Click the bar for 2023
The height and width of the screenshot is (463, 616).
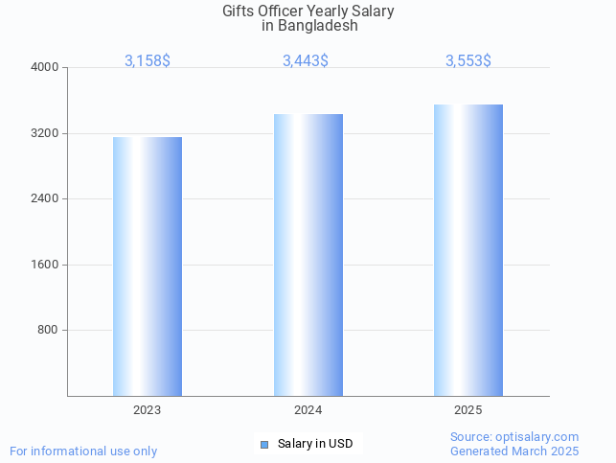[x=148, y=266]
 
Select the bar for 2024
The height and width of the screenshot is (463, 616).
[x=308, y=254]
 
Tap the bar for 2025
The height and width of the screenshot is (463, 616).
[x=468, y=249]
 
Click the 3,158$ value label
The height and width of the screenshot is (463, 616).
[x=148, y=60]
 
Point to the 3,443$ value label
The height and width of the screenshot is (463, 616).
[x=306, y=60]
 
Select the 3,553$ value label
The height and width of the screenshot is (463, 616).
[x=468, y=60]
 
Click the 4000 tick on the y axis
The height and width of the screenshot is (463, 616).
[x=45, y=68]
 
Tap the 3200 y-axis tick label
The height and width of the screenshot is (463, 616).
[x=45, y=133]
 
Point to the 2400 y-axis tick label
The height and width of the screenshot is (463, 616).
[x=45, y=199]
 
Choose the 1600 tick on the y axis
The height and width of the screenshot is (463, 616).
[x=45, y=265]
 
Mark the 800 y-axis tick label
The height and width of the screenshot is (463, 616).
[x=48, y=331]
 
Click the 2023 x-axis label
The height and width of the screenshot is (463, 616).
[x=148, y=409]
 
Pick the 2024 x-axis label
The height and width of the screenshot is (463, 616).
[x=308, y=409]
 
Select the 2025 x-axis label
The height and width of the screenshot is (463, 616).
[x=468, y=409]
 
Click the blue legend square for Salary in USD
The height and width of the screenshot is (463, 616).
[x=264, y=444]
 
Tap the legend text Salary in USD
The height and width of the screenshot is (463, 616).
[x=315, y=444]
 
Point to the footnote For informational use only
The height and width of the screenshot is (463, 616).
[x=83, y=451]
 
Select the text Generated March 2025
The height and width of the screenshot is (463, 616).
[x=514, y=451]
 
